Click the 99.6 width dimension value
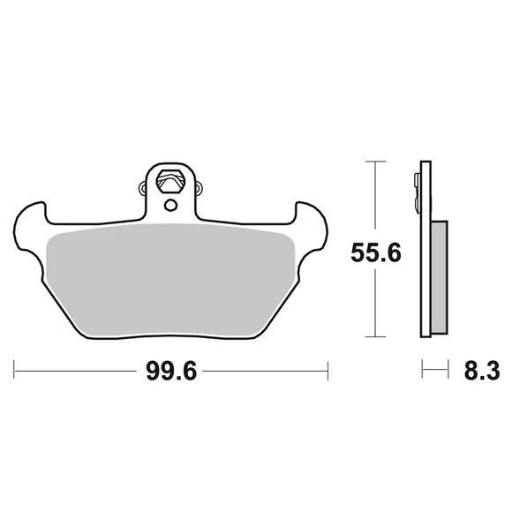pos(171,371)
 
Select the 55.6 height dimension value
pos(375,253)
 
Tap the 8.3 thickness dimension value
pos(482,371)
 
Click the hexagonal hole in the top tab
pos(170,182)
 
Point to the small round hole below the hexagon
pos(170,206)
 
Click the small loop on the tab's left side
pos(142,188)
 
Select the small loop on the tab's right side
pos(199,188)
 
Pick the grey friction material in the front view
pos(170,279)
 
